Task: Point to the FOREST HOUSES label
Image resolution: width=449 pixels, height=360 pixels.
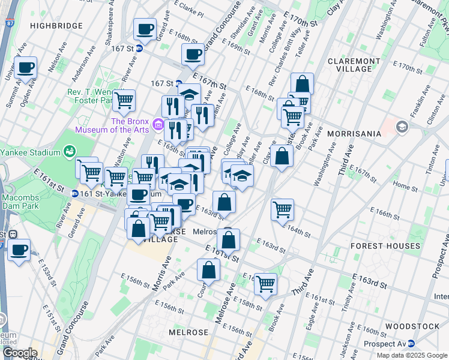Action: [385, 246]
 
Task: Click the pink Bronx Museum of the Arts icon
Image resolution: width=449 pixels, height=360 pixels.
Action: [158, 124]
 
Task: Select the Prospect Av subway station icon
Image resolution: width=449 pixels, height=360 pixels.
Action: [412, 344]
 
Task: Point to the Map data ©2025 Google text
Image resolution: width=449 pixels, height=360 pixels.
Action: [412, 355]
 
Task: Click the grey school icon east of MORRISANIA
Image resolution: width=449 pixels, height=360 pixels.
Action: [401, 127]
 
